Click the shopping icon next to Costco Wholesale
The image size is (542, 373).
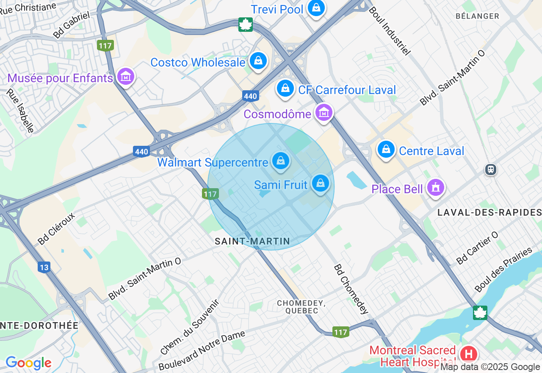point(258,61)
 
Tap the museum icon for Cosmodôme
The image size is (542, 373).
point(324,113)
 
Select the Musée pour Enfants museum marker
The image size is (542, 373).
point(126,77)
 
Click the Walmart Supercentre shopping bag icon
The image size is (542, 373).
point(280,161)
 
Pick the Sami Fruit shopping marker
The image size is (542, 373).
point(321,184)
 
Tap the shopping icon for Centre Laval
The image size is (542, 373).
point(386,150)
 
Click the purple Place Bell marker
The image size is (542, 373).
point(435,187)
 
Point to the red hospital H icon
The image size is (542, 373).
point(468,354)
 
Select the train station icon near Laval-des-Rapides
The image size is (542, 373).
point(491,170)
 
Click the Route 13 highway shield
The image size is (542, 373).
point(44,267)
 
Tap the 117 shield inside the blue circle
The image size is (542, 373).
point(210,194)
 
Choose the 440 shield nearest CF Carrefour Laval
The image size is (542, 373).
point(250,96)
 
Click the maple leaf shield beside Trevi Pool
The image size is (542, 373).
point(245,24)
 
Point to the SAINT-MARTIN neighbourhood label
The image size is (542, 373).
point(252,242)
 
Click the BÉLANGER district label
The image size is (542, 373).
point(477,16)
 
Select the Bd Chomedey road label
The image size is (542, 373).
point(351,289)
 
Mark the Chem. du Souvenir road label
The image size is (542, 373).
point(190,327)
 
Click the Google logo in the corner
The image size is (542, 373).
point(28,363)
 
